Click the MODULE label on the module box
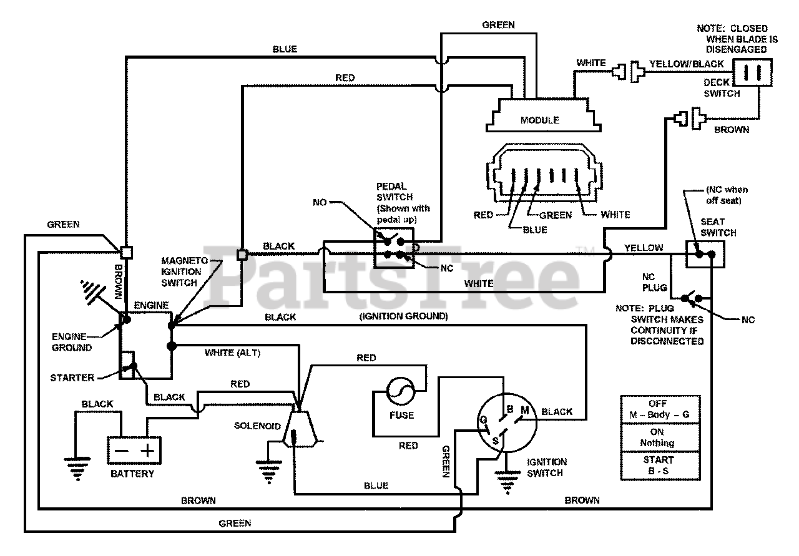[539, 120]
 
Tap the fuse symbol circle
[401, 392]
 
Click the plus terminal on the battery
[147, 451]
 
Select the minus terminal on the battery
[121, 451]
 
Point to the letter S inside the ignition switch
[496, 441]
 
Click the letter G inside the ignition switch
[483, 420]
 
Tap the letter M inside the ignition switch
[525, 410]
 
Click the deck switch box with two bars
[752, 72]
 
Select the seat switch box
[705, 254]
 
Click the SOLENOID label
[257, 426]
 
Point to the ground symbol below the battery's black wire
[77, 469]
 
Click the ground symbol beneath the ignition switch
[507, 482]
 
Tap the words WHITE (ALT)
[233, 353]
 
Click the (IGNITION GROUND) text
[403, 316]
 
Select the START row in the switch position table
[660, 466]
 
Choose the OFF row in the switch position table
[660, 409]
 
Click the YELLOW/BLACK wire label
[686, 64]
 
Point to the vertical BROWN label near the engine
[118, 281]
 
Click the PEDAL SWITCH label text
[395, 192]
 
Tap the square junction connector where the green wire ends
[126, 253]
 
